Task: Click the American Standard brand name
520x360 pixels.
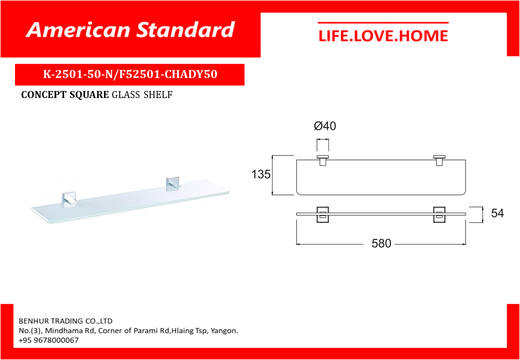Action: point(130,30)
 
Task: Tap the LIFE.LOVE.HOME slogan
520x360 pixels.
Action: point(383,36)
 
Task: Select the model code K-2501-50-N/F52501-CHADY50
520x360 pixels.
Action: point(130,74)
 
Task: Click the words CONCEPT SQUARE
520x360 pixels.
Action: point(65,95)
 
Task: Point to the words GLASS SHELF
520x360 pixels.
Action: point(142,95)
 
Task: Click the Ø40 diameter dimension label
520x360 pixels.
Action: point(324,126)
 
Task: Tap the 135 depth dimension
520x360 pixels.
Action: point(261,174)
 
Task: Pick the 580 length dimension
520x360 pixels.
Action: point(381,243)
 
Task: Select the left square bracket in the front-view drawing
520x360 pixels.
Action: point(322,215)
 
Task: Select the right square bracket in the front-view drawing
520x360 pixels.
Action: point(439,215)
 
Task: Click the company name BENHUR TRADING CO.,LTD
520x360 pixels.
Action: point(65,321)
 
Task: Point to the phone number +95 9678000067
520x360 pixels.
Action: point(49,340)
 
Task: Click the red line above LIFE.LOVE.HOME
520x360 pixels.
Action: point(383,23)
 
